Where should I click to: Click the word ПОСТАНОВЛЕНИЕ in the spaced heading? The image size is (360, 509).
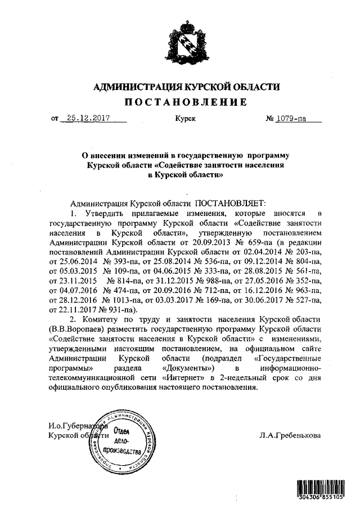(x=185, y=102)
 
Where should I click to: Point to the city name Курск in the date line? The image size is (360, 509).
(x=185, y=119)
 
